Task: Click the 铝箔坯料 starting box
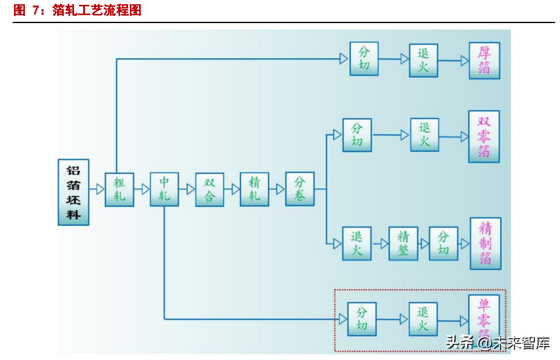(x=73, y=192)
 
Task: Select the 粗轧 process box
(x=120, y=189)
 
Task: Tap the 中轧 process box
(x=165, y=189)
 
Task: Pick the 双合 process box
(x=210, y=189)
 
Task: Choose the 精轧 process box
(x=254, y=189)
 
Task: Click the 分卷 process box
(x=300, y=189)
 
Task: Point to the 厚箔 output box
(x=484, y=60)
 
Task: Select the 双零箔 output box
(x=484, y=136)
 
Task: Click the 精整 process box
(x=403, y=243)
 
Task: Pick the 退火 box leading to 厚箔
(x=423, y=60)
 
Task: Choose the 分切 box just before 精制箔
(x=443, y=243)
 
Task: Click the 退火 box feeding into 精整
(x=357, y=243)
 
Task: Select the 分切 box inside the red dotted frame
(x=362, y=319)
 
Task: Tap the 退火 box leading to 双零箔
(x=425, y=135)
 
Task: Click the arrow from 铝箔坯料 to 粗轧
(x=97, y=189)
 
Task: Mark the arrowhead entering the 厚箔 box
(x=465, y=61)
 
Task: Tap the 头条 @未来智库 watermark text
(x=498, y=342)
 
